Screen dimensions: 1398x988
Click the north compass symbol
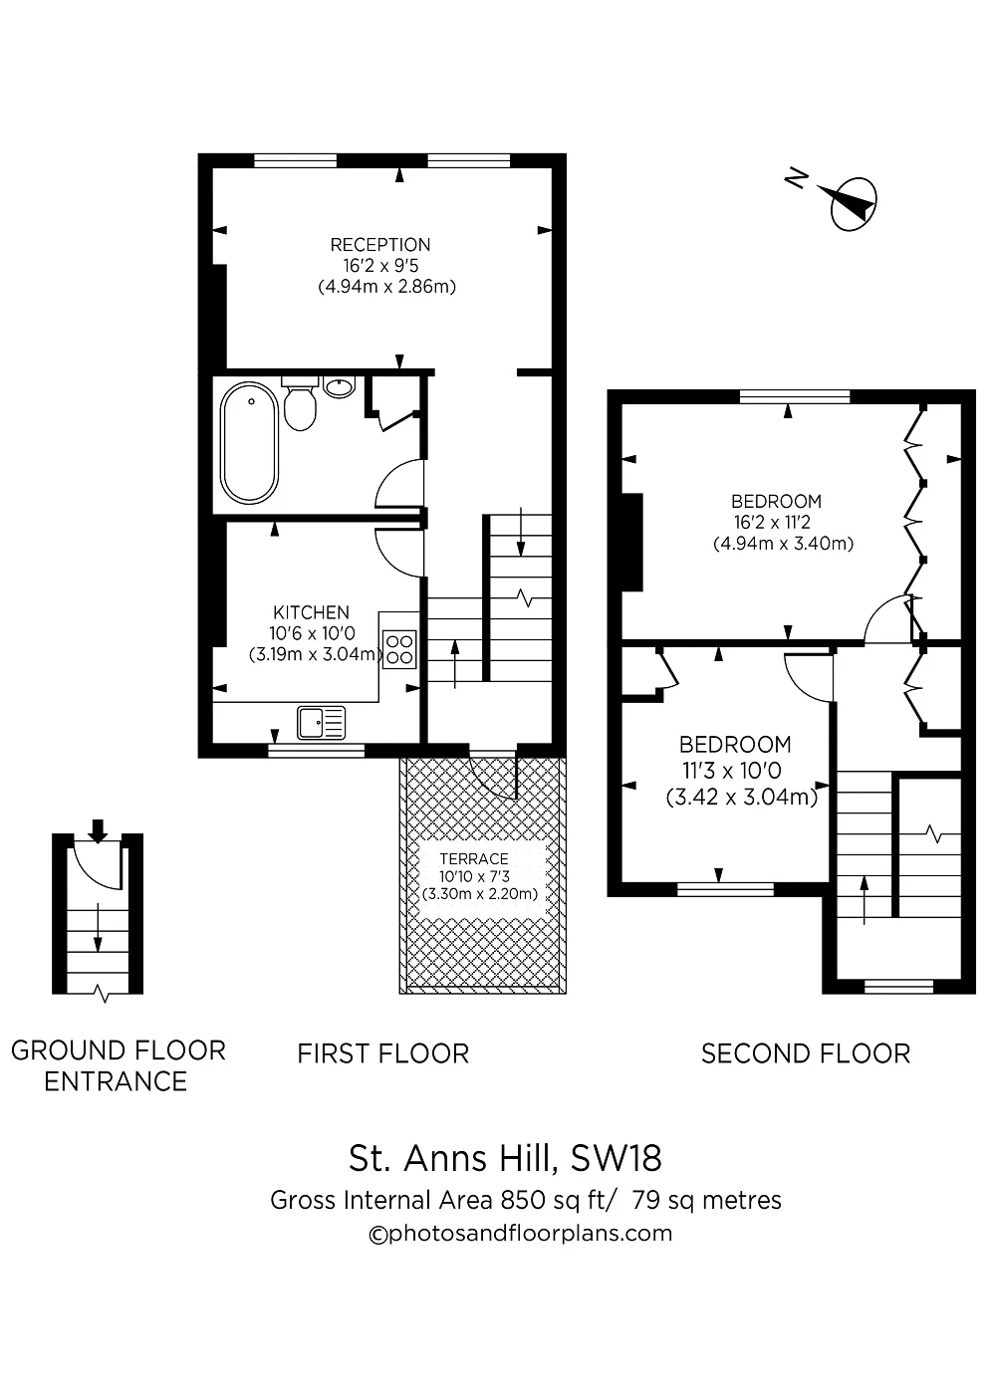852,202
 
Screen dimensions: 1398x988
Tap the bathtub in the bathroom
249,442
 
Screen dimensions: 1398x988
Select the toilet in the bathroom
300,403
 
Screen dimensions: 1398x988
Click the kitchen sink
321,721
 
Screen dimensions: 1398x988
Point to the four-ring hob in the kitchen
399,649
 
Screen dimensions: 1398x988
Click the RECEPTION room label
380,245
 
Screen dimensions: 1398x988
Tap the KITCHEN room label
311,612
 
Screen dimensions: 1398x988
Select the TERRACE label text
475,858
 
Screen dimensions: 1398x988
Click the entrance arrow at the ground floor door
97,829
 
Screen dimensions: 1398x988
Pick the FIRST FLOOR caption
382,1053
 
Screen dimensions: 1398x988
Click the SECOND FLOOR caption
805,1053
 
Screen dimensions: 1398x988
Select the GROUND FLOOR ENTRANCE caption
118,1065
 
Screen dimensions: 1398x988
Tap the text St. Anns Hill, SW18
505,1158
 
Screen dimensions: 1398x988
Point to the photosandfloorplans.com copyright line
520,1234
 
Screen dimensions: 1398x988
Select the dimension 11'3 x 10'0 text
730,771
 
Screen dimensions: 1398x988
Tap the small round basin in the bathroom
340,386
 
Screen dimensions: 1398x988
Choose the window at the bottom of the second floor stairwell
897,987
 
